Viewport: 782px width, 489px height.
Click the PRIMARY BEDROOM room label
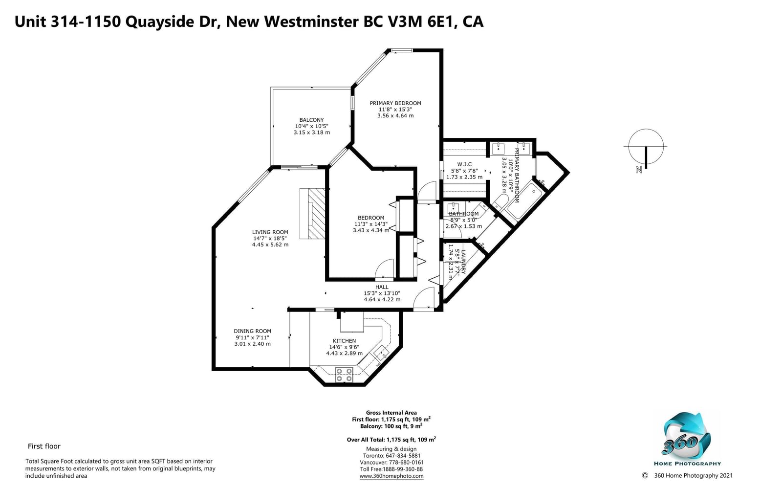(x=395, y=103)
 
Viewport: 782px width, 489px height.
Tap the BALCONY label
(x=311, y=120)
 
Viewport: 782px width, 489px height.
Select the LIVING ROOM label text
(x=270, y=232)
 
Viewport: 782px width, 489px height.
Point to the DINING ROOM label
(x=252, y=331)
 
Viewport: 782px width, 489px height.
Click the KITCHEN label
(x=344, y=341)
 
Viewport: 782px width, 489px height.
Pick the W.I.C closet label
(x=464, y=164)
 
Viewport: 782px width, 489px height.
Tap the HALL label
(x=382, y=287)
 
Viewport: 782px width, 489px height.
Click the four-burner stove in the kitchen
(x=344, y=375)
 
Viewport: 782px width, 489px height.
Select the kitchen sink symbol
(x=381, y=353)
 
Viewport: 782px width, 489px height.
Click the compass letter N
(x=638, y=170)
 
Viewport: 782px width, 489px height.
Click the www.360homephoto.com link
(x=391, y=476)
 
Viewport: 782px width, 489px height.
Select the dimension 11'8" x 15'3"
(x=395, y=110)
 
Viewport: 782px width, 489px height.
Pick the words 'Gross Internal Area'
(x=391, y=413)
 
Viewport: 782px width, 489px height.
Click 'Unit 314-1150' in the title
(x=68, y=22)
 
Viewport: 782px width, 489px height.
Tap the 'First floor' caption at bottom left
(x=44, y=446)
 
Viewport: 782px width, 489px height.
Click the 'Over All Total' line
(x=391, y=440)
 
